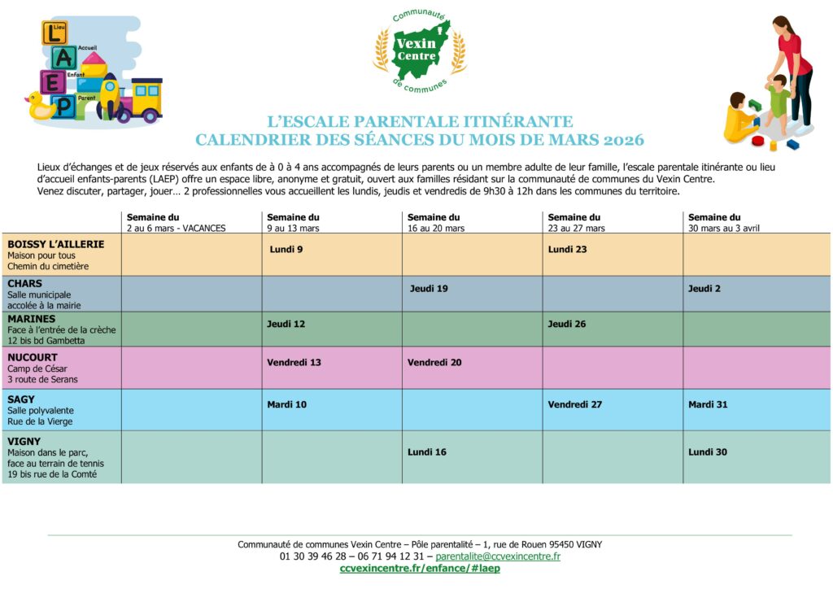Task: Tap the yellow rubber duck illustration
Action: click(42, 107)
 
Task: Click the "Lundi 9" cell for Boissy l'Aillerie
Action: click(286, 249)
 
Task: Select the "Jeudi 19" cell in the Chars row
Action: click(429, 288)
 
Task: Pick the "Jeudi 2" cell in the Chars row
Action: click(704, 288)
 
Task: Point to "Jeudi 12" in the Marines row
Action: click(286, 324)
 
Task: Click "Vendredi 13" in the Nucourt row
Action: click(294, 362)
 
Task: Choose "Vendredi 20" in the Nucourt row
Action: click(434, 362)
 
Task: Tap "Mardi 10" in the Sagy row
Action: click(287, 404)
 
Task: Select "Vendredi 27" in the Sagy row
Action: click(575, 404)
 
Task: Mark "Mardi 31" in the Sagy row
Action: click(708, 404)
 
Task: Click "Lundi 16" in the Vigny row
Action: click(427, 452)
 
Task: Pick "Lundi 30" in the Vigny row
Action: click(708, 452)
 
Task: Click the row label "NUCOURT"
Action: click(32, 356)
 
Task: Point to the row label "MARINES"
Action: click(32, 319)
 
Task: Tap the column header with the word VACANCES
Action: click(176, 223)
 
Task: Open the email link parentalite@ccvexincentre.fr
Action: click(498, 556)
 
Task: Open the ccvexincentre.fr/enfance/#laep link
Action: click(420, 569)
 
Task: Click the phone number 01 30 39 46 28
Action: click(313, 556)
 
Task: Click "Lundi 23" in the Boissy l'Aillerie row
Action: click(567, 249)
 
